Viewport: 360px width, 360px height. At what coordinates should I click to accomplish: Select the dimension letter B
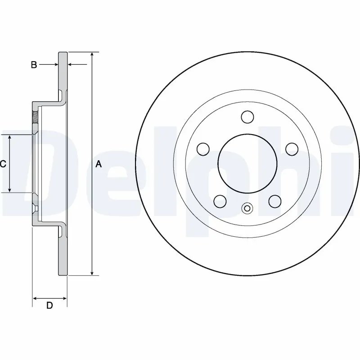34,65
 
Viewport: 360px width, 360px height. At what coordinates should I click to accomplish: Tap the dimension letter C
3,164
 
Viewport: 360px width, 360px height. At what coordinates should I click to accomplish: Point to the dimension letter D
50,306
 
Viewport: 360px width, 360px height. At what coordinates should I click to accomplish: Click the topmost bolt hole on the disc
247,117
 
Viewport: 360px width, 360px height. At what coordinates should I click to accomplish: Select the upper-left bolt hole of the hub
203,148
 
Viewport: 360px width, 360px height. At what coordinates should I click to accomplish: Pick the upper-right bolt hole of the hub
292,148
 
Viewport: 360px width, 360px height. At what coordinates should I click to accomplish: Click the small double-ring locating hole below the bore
247,208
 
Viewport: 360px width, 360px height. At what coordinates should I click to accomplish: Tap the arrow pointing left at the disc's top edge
72,65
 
